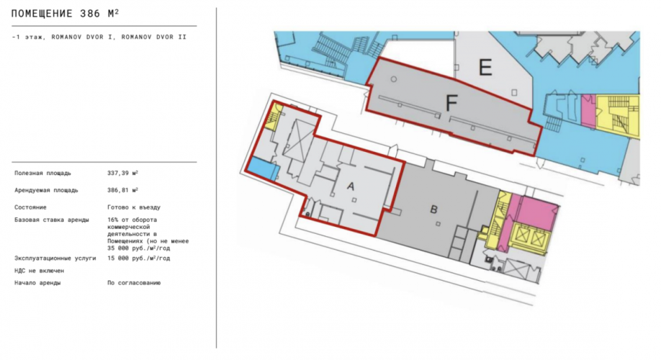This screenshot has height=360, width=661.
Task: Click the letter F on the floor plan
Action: pos(451,103)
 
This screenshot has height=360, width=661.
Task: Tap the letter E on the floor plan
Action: pos(485,68)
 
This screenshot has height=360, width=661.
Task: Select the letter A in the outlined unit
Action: pos(351,186)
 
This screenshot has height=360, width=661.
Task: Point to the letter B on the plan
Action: pos(433,210)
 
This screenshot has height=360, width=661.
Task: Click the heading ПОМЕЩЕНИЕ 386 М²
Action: pos(65,14)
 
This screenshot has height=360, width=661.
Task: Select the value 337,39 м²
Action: pos(122,173)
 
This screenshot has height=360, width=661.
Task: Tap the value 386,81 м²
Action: pos(122,190)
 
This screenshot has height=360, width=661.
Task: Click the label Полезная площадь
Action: pos(42,174)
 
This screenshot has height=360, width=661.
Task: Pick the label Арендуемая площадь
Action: pos(46,191)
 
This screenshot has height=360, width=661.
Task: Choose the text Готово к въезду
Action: pos(134,207)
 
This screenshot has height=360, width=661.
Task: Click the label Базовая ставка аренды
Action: pos(51,220)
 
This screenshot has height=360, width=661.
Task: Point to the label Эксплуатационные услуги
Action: pos(55,258)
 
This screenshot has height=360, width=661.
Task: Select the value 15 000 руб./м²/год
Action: pos(139,258)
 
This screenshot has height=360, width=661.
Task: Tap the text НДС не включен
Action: pos(39,271)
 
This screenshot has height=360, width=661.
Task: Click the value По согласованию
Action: pos(134,283)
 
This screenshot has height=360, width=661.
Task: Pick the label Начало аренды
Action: pos(37,283)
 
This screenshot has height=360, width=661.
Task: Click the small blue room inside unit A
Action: pos(262,169)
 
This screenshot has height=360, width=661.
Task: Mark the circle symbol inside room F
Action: pos(393,79)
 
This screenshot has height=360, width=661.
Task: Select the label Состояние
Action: pos(30,207)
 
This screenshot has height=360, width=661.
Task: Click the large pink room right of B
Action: pos(536,214)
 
